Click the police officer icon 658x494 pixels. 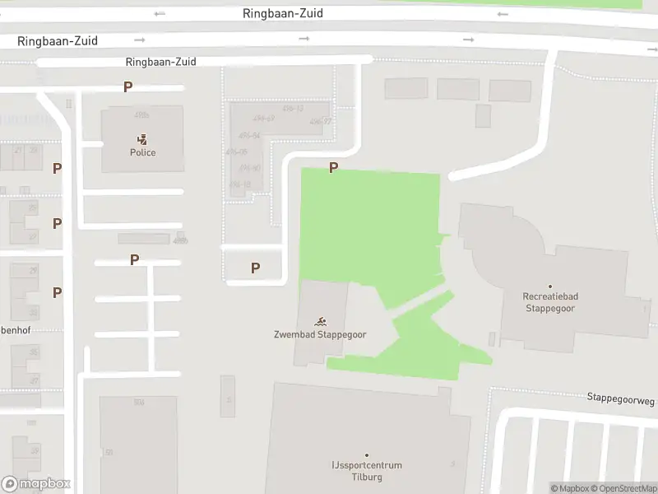coord(142,139)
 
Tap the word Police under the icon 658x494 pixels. coord(142,152)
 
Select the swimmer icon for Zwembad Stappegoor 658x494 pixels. coord(320,321)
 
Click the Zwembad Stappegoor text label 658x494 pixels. coord(320,334)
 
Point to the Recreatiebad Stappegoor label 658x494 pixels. coord(549,302)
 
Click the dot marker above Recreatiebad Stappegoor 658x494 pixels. coord(550,287)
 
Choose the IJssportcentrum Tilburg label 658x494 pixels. coord(362,471)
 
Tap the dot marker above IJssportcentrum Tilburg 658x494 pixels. coord(367,454)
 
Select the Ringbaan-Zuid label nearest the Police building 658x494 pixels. coord(161,62)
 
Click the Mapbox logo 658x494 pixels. coord(36,484)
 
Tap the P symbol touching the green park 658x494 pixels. coord(333,168)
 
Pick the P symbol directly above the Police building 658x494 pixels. coord(127,86)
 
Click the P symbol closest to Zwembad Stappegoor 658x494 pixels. coord(255,268)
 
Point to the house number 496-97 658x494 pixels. coord(321,122)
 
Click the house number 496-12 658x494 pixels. coord(293,109)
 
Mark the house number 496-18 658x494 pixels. coord(240,184)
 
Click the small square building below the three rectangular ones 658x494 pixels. coord(483,115)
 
